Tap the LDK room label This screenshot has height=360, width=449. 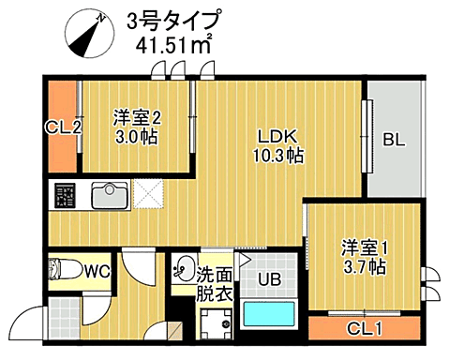277,133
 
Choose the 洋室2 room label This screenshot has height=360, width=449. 138,118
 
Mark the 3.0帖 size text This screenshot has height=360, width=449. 138,137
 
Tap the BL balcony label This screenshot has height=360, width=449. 394,142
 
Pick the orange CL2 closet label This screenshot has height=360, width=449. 62,127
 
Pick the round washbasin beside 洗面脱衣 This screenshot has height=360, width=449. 183,267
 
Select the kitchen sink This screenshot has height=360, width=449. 111,197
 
